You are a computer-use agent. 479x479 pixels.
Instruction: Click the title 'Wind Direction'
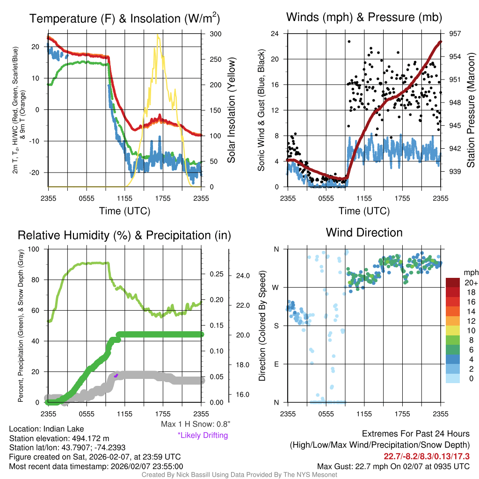(364, 232)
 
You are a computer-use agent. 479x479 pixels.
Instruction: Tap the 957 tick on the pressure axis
(455, 34)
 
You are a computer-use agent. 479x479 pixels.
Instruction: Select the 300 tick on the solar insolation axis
(216, 34)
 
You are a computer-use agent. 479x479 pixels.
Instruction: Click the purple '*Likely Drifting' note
(203, 435)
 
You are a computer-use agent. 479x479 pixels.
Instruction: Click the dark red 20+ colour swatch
(453, 283)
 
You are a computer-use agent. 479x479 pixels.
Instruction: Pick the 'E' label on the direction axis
(276, 364)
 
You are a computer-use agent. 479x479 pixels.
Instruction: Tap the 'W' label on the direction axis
(276, 287)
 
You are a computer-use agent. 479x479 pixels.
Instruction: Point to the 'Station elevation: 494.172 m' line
(59, 438)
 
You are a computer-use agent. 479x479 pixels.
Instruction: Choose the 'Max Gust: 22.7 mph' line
(393, 466)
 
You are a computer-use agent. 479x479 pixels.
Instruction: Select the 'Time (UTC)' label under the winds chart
(363, 211)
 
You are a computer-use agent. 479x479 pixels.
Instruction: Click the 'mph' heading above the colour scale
(470, 272)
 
